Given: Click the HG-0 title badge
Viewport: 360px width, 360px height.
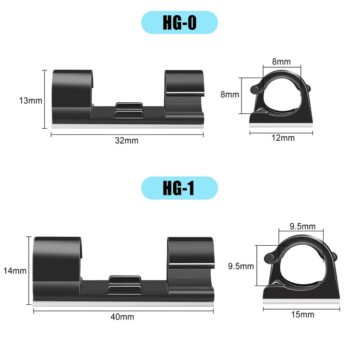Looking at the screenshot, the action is [x=180, y=23].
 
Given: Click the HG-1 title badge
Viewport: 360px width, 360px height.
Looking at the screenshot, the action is [x=180, y=188].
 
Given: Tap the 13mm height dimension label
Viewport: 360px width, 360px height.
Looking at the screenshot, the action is [x=31, y=101].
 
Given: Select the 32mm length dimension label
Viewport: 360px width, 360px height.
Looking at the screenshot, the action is [x=127, y=141].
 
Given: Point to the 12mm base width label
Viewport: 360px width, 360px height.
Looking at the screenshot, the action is [x=283, y=138].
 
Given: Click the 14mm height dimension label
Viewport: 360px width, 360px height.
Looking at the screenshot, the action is [x=15, y=271].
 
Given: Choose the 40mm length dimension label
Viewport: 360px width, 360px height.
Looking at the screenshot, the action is [x=122, y=317].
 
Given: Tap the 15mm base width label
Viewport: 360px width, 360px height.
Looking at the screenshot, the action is [x=303, y=314].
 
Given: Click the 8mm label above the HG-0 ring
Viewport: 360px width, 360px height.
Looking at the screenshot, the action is [x=281, y=61].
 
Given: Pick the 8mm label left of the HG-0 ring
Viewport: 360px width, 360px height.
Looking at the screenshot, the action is [x=229, y=95].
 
